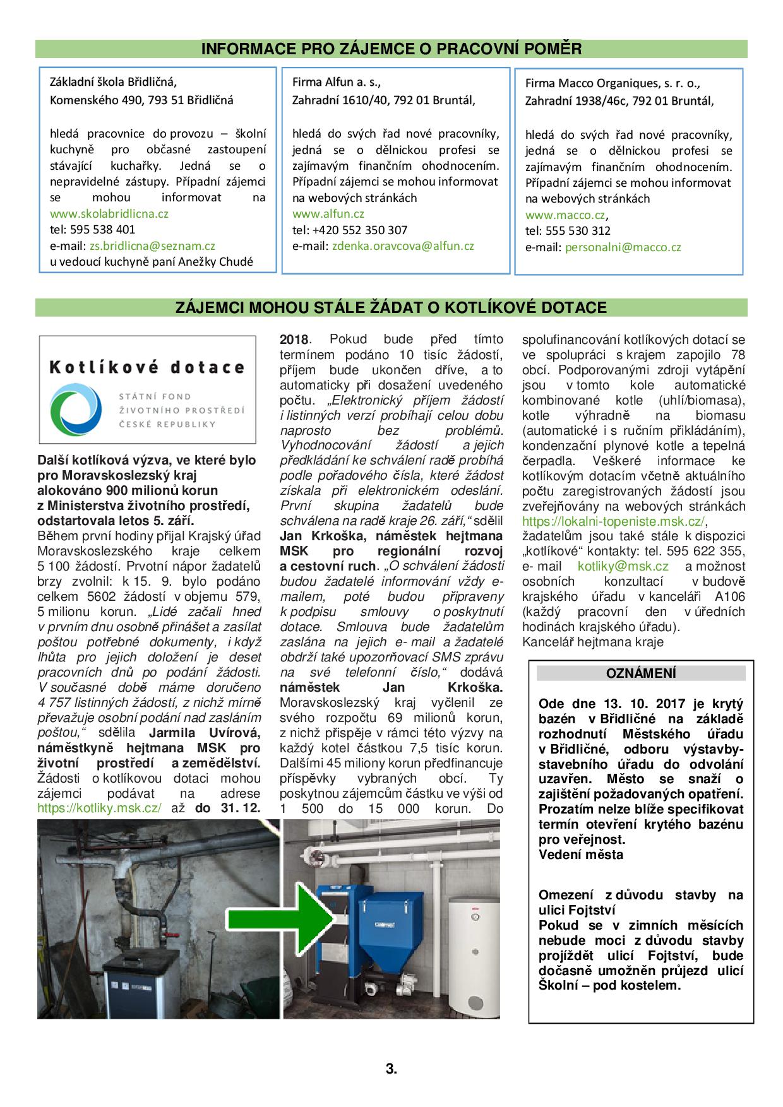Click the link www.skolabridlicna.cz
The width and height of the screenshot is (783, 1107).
tap(109, 213)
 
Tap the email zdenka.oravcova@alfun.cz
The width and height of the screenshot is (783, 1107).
tap(403, 246)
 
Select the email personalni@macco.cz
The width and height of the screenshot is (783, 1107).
tap(623, 247)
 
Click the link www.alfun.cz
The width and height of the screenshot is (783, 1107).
tap(328, 214)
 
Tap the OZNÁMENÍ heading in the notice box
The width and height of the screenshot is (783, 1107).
tap(640, 673)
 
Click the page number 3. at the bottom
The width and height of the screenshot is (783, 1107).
tap(391, 1069)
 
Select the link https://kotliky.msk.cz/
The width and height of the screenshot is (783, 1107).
tap(99, 808)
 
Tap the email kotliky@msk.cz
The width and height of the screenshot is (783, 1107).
tap(623, 567)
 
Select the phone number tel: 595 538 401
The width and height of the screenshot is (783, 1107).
tap(92, 230)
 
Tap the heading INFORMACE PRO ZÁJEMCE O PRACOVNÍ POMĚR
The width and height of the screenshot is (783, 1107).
tap(391, 49)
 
